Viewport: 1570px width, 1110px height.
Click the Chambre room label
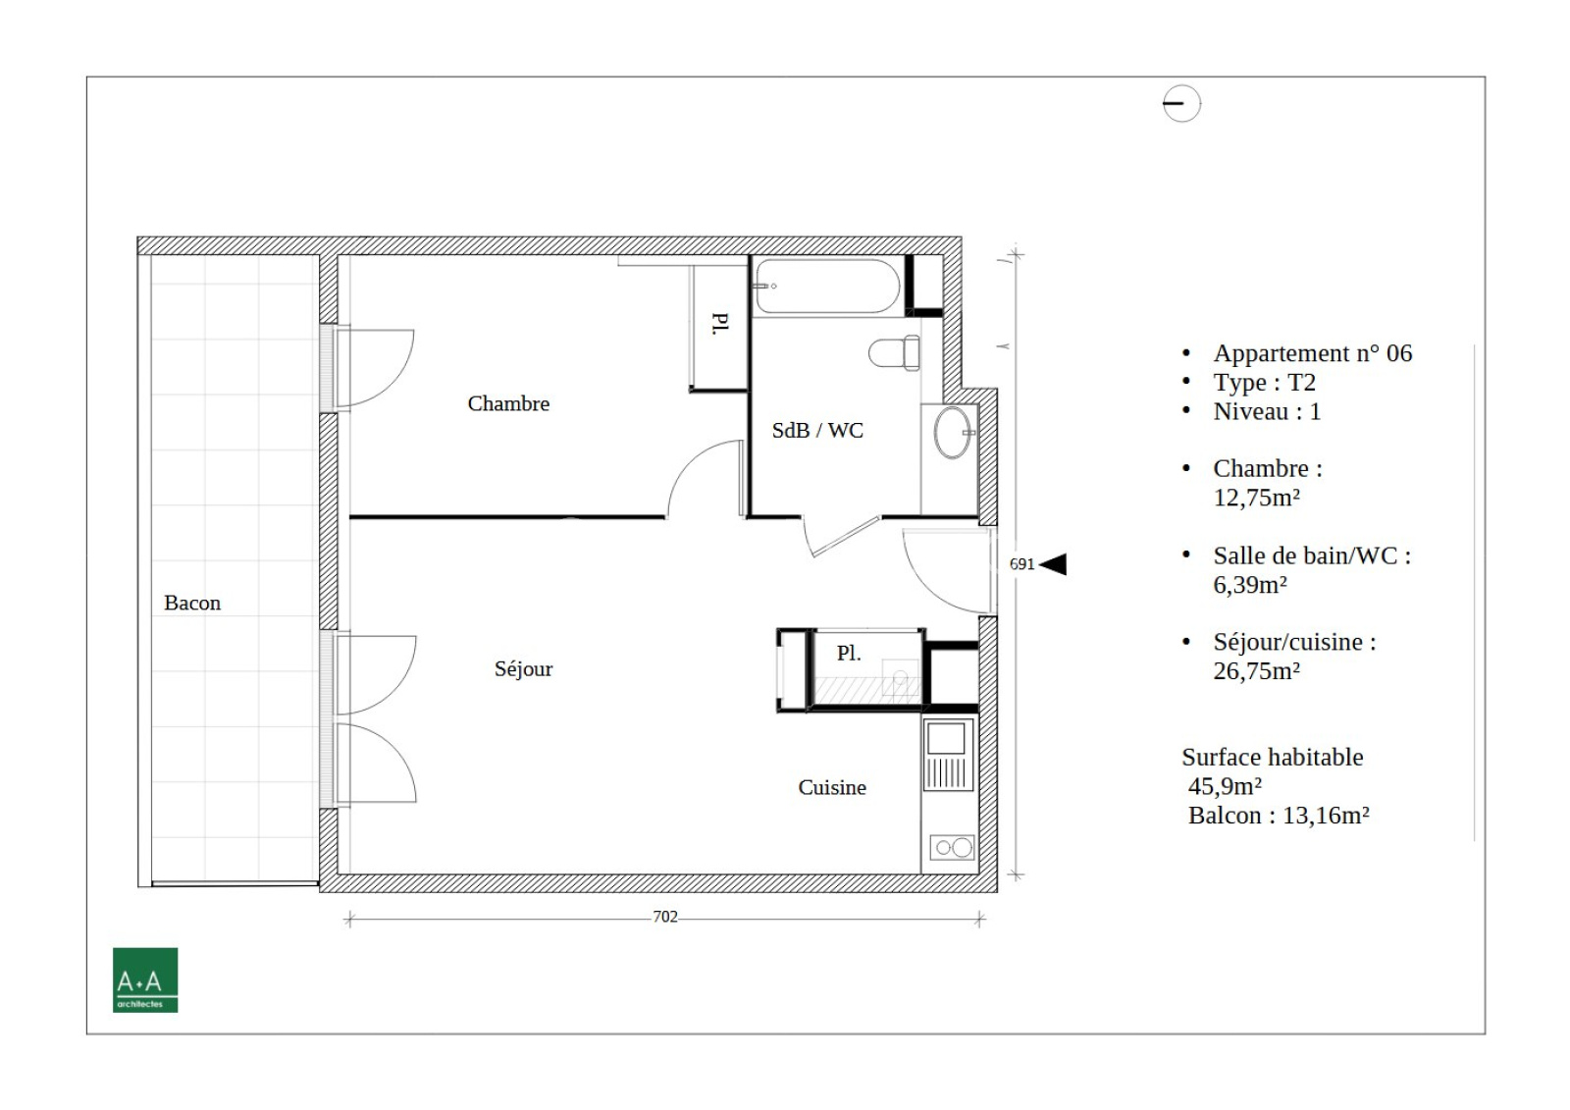point(508,403)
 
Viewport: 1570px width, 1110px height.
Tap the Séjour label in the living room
point(523,669)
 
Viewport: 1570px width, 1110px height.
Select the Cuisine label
point(832,787)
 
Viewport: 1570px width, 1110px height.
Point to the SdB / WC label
point(817,430)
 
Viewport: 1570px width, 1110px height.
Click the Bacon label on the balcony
point(192,603)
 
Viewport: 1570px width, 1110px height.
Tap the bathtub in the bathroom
point(828,287)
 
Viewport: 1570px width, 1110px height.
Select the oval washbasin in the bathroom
point(953,433)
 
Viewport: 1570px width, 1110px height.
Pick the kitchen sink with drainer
point(949,755)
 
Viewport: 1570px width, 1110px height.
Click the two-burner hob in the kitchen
point(952,847)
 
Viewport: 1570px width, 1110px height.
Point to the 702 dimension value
point(665,917)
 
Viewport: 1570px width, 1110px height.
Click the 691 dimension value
point(1021,563)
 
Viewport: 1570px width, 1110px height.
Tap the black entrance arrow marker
point(1053,563)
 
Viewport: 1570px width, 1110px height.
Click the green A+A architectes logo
point(145,979)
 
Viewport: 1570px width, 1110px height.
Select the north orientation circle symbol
point(1181,104)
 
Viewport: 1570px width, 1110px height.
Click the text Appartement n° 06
point(1313,352)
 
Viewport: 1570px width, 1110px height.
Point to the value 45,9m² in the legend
point(1226,786)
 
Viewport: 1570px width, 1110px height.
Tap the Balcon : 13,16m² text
point(1279,816)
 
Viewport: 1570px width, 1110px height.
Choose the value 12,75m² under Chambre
point(1257,498)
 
